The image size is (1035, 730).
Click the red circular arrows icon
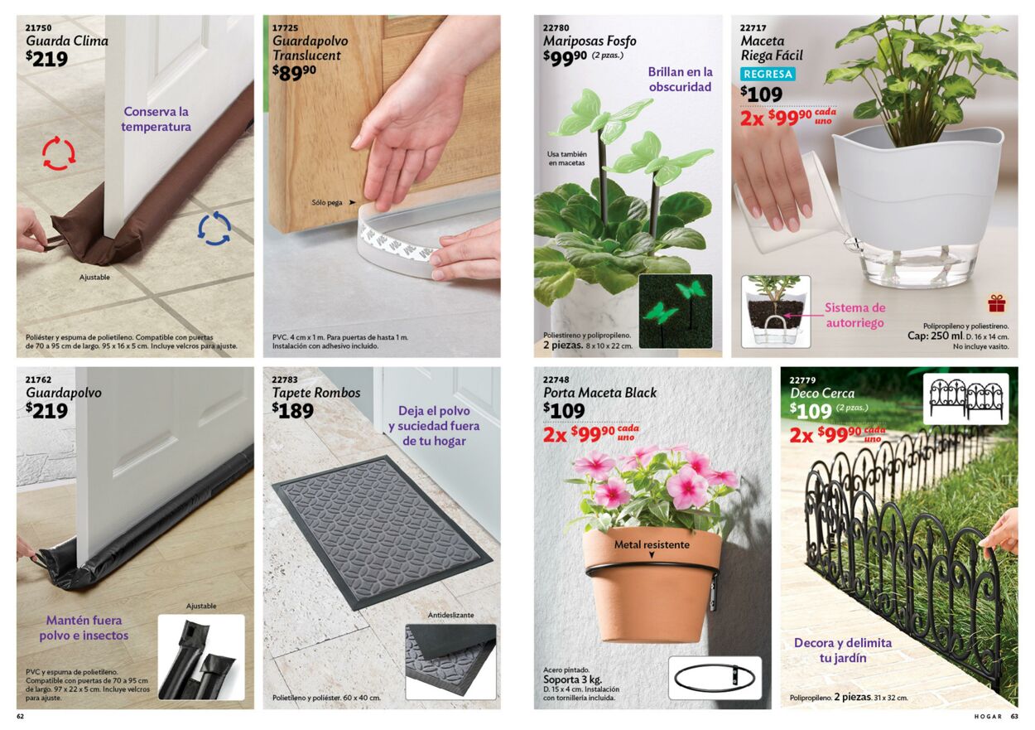(x=58, y=152)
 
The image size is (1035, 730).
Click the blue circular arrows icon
(x=214, y=229)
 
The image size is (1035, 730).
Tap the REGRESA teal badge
(x=768, y=74)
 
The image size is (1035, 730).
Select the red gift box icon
(x=997, y=303)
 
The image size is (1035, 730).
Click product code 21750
(x=38, y=27)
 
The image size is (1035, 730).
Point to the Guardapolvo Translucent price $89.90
(x=294, y=72)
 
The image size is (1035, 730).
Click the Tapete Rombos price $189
(x=292, y=410)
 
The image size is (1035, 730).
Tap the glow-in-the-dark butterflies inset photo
(x=676, y=311)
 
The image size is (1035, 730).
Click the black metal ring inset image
(x=715, y=679)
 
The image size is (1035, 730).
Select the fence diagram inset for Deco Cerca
(x=965, y=399)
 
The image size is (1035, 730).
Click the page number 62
(x=21, y=717)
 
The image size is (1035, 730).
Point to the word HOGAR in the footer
(x=988, y=717)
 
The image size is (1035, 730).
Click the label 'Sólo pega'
(x=327, y=202)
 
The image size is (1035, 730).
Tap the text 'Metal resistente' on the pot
(x=652, y=544)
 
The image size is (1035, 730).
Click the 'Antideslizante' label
(x=450, y=616)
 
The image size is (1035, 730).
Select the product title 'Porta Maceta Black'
(x=599, y=393)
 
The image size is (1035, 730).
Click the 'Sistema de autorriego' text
(x=854, y=316)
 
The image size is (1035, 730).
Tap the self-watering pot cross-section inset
(x=776, y=312)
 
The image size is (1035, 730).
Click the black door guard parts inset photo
(x=201, y=657)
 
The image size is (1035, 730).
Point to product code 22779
(x=802, y=380)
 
